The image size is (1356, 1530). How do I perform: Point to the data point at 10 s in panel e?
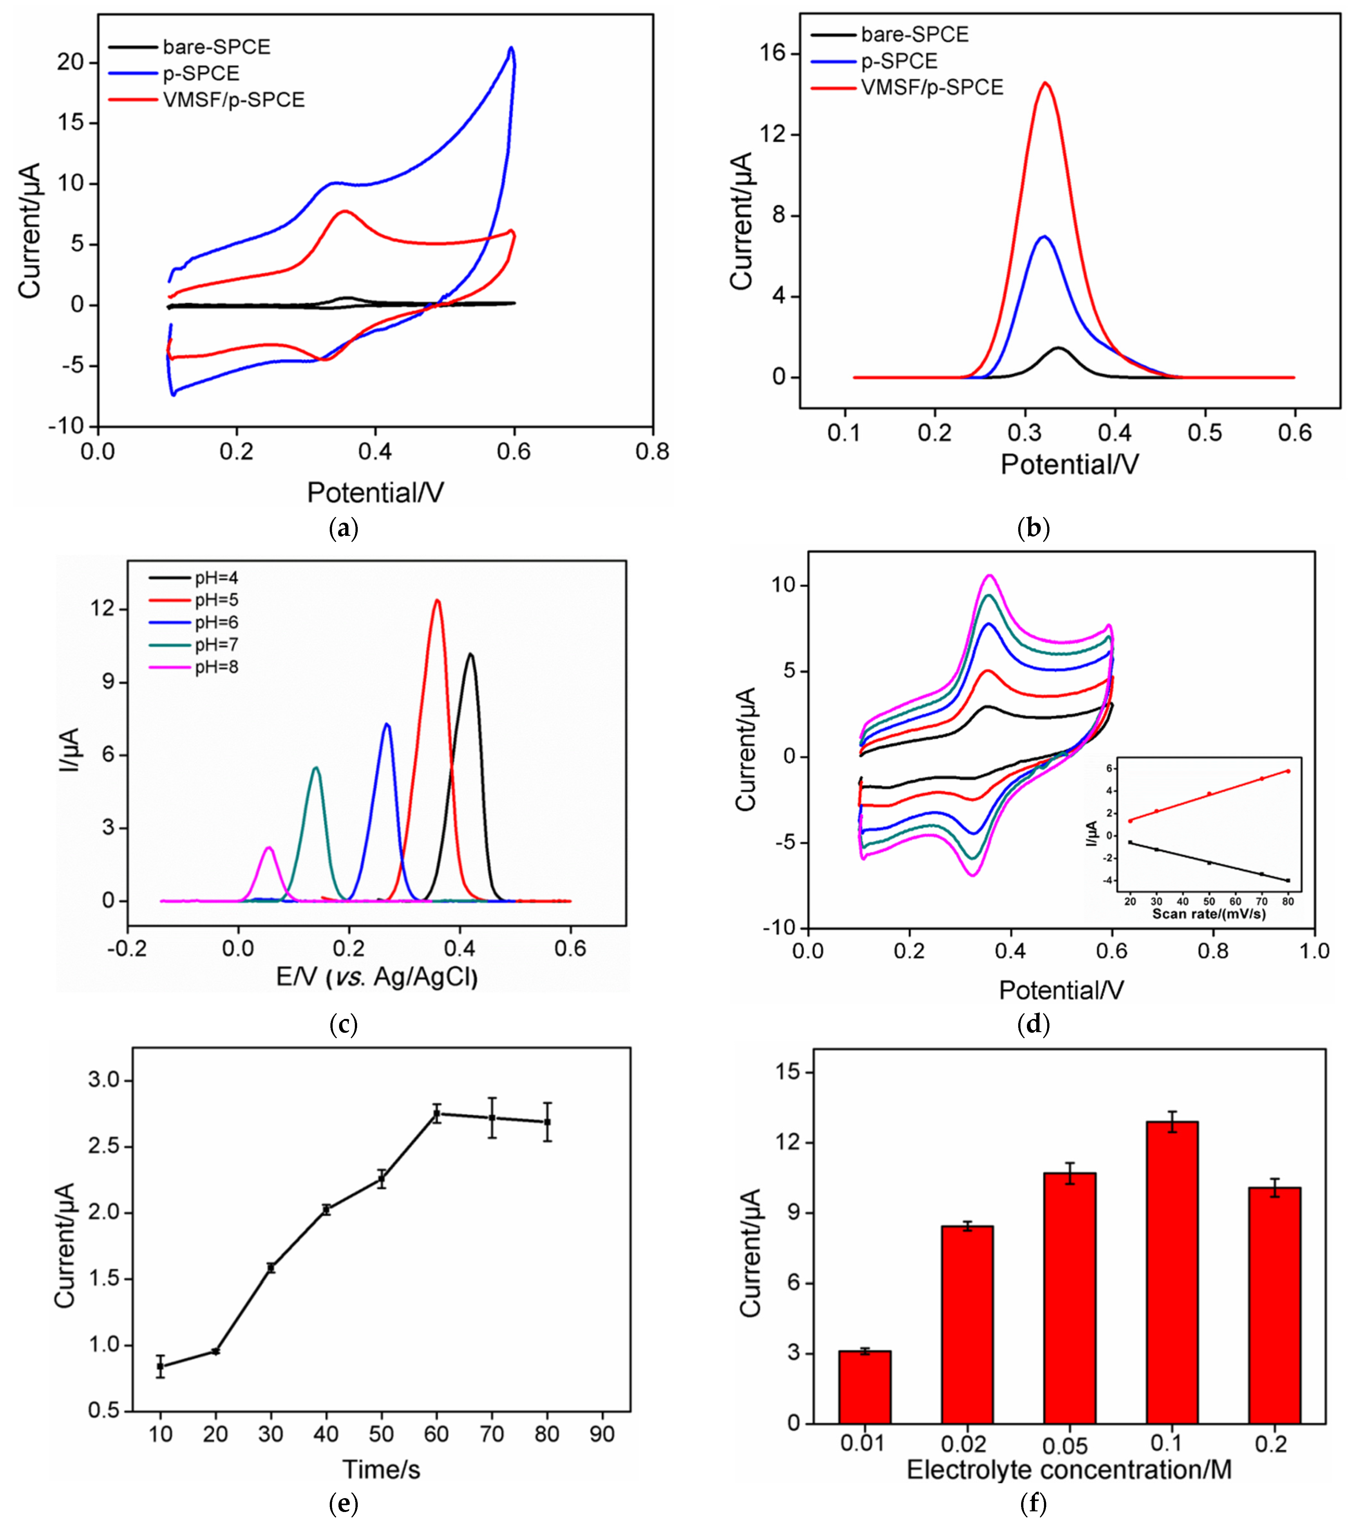[x=160, y=1366]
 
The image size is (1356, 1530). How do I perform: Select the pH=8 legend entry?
[x=216, y=667]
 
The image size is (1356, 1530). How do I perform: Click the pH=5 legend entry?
[x=216, y=600]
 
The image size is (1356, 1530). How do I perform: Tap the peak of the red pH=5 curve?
[x=437, y=600]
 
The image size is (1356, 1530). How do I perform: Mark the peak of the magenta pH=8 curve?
[x=269, y=848]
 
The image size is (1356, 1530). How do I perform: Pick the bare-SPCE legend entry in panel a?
[x=216, y=47]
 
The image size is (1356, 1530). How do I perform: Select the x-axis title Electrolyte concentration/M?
[x=1068, y=1470]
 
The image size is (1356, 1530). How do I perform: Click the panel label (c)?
[x=344, y=1024]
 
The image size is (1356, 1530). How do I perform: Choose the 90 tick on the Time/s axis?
[x=602, y=1434]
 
